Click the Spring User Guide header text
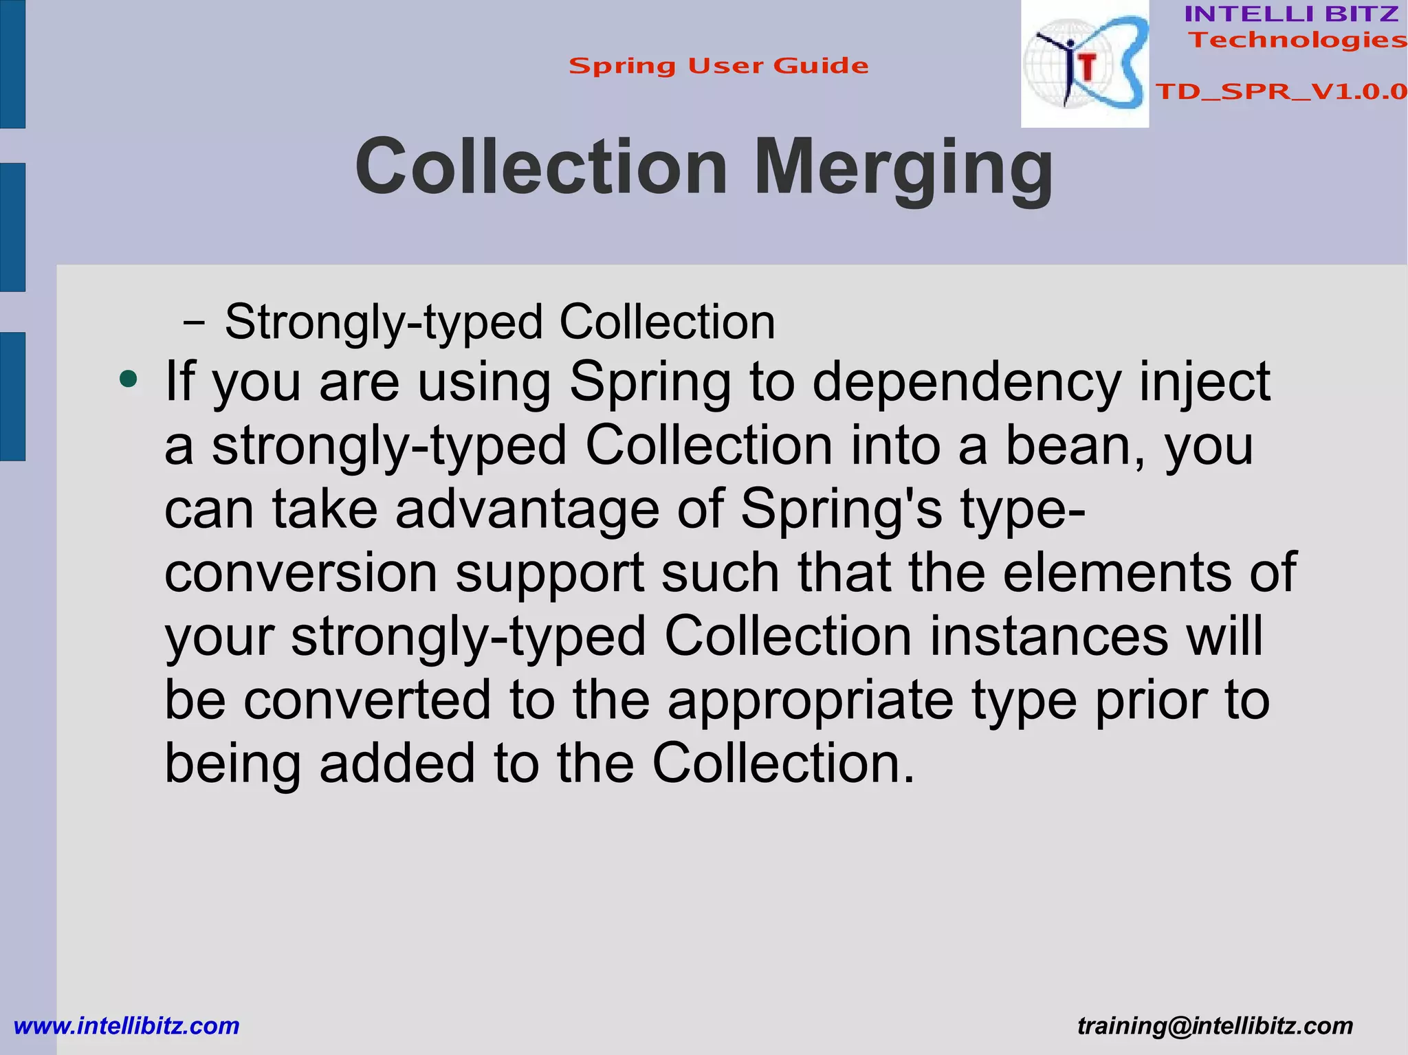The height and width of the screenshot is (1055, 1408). coord(718,66)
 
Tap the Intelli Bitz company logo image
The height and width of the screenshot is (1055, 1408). coord(1084,64)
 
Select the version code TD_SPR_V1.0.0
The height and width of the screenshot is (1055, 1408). coord(1281,91)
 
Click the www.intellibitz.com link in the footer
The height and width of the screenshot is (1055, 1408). coord(126,1025)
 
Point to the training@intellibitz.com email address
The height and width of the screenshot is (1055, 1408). coord(1215,1025)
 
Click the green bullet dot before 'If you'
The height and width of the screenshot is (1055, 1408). coord(128,379)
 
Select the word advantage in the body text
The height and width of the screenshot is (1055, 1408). coord(527,509)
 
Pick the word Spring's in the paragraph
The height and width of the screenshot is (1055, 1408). coord(841,509)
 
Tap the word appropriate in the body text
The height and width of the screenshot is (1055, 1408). coord(810,700)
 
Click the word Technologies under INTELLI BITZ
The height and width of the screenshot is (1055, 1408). coord(1297,40)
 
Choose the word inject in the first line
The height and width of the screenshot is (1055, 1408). coord(1204,382)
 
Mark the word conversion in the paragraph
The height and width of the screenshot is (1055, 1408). coord(301,573)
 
